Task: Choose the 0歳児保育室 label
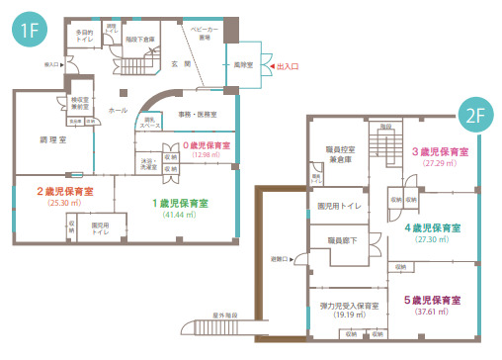206,144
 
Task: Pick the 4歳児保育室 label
435,227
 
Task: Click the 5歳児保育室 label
435,299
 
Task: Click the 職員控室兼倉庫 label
338,151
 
